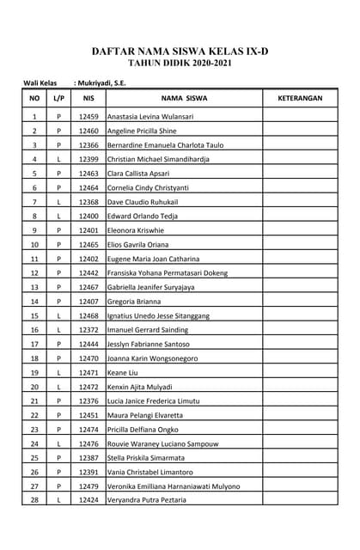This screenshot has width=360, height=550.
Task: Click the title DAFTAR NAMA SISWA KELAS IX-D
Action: [180, 52]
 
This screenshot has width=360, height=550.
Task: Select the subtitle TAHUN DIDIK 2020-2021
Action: [180, 64]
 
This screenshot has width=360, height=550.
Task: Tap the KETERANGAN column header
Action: [300, 99]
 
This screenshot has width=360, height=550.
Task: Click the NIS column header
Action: [88, 99]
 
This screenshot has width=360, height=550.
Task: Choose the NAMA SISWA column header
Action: [184, 99]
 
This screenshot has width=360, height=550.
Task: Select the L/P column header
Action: [58, 99]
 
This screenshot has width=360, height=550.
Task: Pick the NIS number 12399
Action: [88, 159]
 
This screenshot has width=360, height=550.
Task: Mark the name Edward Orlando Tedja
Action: [144, 216]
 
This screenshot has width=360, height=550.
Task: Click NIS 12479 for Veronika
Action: [88, 486]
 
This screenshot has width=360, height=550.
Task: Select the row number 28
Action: [34, 500]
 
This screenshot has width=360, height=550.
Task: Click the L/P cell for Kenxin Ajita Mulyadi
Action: [58, 387]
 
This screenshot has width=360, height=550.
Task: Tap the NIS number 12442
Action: [88, 273]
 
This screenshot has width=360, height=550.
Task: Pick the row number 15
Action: [34, 315]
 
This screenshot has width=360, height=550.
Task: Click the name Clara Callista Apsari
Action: [139, 174]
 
